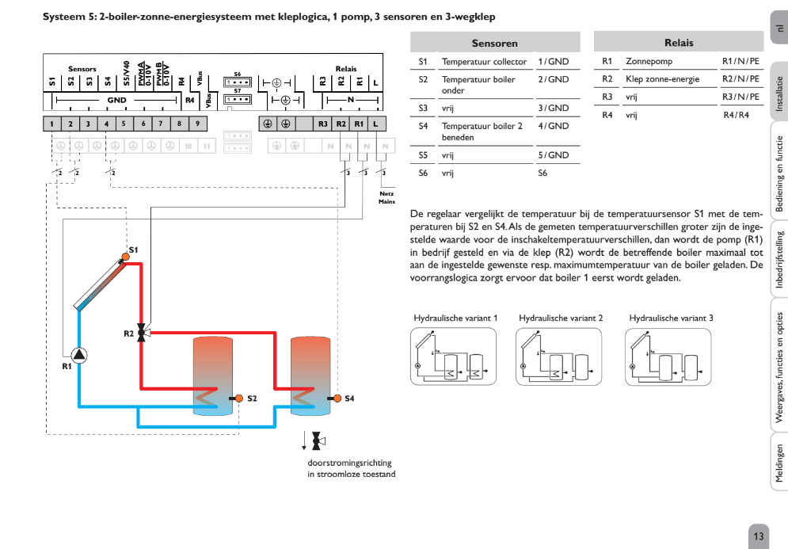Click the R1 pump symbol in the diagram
click(x=80, y=356)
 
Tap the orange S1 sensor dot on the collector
click(x=125, y=256)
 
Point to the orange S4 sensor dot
click(x=337, y=397)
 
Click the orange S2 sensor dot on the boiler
click(x=238, y=397)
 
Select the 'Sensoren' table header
click(x=494, y=43)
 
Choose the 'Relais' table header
click(x=678, y=43)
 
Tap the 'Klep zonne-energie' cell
click(x=662, y=79)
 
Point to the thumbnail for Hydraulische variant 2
click(x=560, y=356)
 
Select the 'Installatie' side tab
click(x=778, y=95)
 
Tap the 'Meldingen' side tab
click(x=778, y=463)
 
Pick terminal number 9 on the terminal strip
click(x=197, y=124)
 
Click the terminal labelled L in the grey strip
click(x=376, y=124)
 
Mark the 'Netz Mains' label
click(x=386, y=197)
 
